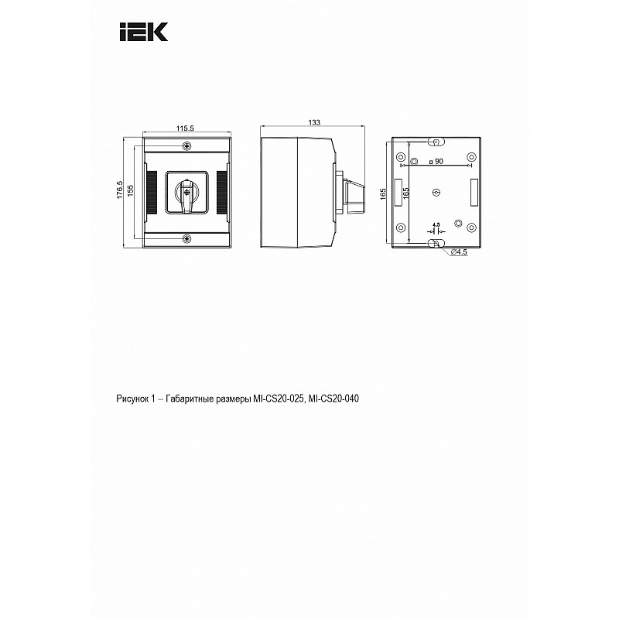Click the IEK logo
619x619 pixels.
[x=144, y=32]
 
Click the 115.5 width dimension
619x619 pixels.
[x=185, y=128]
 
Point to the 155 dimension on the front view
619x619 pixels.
[x=131, y=191]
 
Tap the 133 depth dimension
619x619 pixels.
[x=314, y=123]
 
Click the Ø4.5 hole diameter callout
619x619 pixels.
[x=459, y=251]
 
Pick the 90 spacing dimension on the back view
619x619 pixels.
[x=436, y=161]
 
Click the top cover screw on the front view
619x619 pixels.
[x=186, y=146]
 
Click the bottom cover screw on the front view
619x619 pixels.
[x=186, y=238]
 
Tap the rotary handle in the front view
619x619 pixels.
[x=186, y=193]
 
